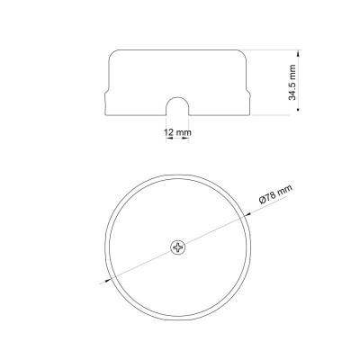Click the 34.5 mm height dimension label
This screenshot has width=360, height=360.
tap(292, 82)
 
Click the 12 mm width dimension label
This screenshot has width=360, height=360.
tap(177, 132)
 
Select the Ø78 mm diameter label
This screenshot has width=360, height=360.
tap(275, 194)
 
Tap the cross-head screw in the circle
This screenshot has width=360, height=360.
tap(178, 247)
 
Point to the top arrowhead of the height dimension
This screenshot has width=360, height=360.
tap(298, 54)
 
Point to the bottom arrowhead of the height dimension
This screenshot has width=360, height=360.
tap(298, 107)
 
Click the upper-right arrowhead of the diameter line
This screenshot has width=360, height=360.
tap(248, 214)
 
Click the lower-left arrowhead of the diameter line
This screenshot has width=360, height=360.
tap(107, 281)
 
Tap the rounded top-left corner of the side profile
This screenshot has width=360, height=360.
tap(112, 53)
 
